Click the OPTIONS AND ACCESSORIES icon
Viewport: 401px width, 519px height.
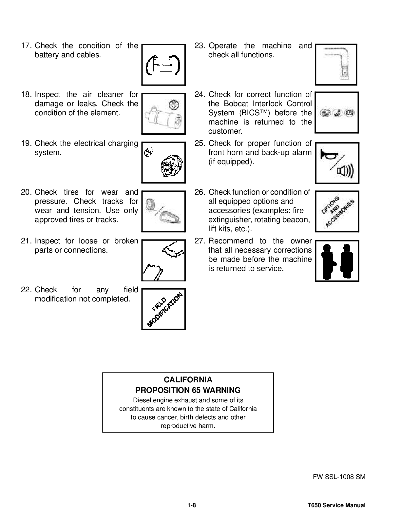click(x=337, y=211)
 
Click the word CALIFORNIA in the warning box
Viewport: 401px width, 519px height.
click(x=188, y=380)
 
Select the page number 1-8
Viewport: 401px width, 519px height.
click(x=192, y=505)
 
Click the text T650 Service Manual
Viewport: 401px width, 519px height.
click(x=336, y=505)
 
